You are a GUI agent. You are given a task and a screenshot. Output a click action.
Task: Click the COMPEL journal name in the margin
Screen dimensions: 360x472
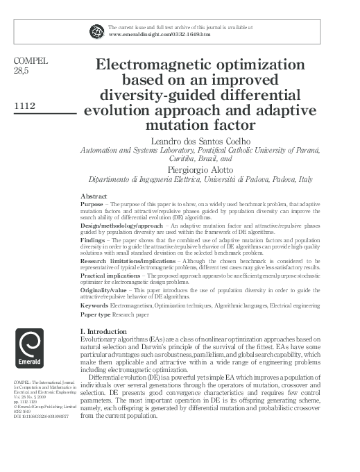(x=31, y=60)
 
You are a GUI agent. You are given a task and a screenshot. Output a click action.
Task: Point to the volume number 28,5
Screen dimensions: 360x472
(x=23, y=71)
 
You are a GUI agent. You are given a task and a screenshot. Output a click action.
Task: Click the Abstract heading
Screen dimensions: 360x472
(x=94, y=197)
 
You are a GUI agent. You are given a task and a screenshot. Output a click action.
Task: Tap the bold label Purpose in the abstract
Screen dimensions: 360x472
(x=92, y=205)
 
